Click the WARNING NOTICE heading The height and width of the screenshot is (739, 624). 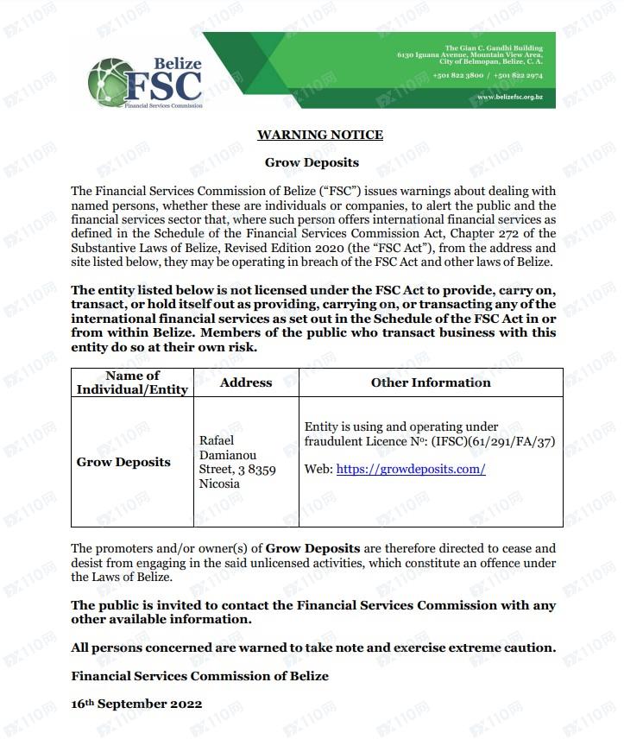tap(319, 135)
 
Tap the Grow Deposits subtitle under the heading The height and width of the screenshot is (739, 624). tap(312, 162)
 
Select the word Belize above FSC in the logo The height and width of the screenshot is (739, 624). tap(177, 63)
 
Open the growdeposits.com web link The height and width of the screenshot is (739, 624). tap(411, 470)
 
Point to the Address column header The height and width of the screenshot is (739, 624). tap(246, 382)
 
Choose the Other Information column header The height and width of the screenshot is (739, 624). tap(430, 382)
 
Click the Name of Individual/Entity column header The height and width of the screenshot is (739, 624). tap(132, 382)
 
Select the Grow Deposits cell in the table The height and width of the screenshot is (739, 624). tap(123, 462)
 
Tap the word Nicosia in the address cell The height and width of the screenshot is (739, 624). tap(219, 484)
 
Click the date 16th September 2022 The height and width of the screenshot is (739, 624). tap(136, 704)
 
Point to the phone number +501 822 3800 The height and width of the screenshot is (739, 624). tap(458, 76)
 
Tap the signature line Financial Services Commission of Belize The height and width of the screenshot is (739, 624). tap(199, 676)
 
